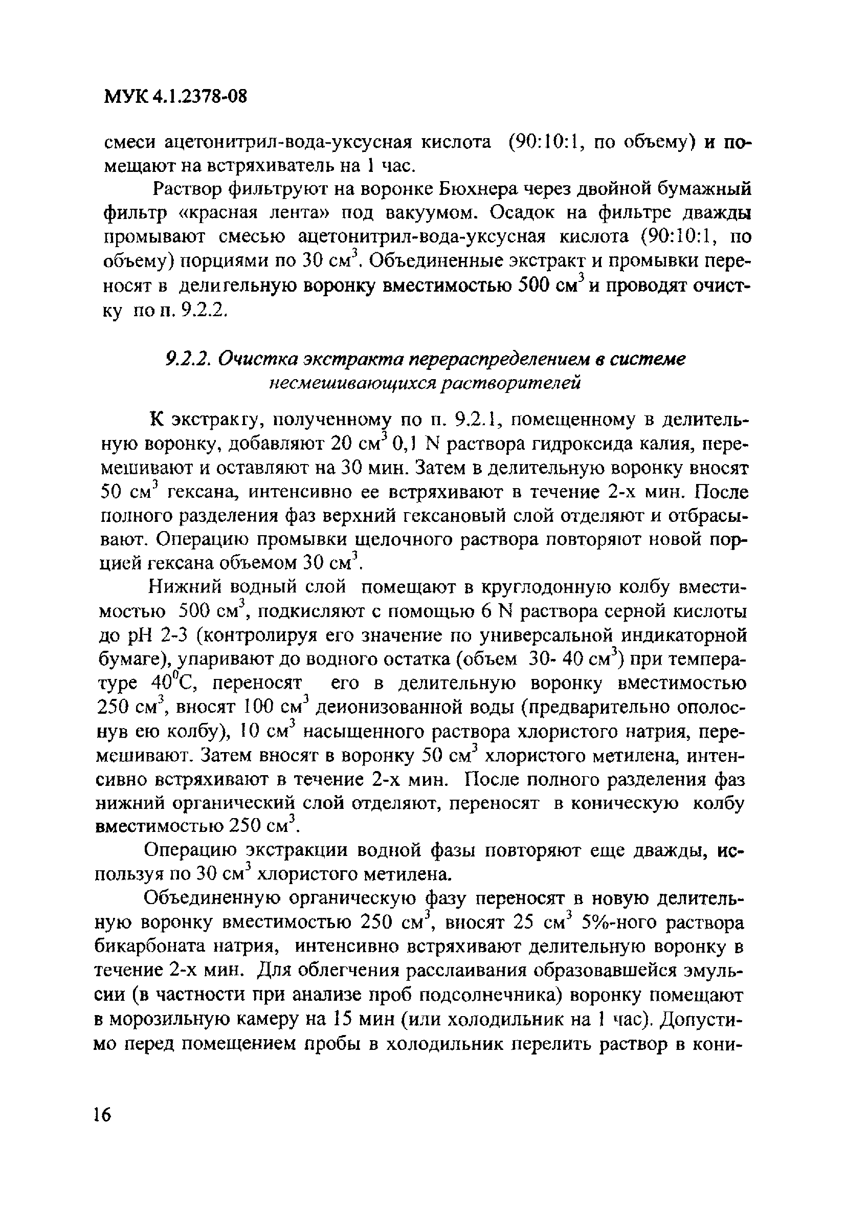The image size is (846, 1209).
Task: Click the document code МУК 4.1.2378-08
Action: pyautogui.click(x=174, y=97)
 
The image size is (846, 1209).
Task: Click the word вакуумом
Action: pyautogui.click(x=432, y=213)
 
